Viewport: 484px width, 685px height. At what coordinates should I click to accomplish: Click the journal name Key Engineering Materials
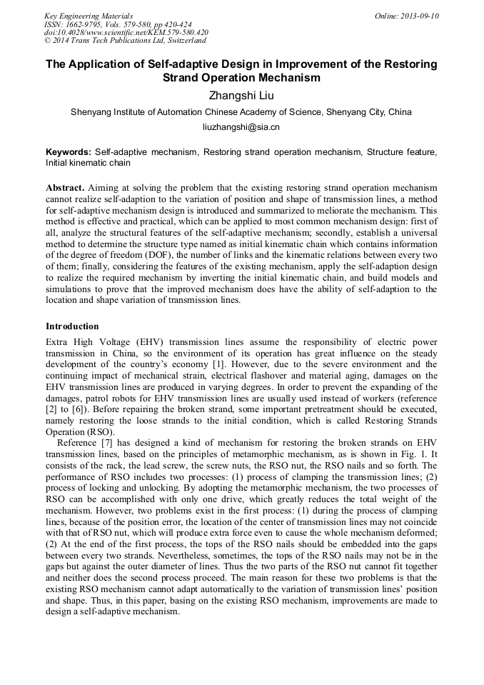click(x=89, y=16)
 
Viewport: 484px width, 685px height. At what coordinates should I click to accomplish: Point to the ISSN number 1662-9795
click(x=84, y=24)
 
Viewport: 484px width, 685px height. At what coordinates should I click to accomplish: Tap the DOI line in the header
click(x=126, y=32)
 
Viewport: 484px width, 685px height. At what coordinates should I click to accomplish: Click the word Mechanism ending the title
click(x=281, y=78)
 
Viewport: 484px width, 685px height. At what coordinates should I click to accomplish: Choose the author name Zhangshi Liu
click(x=241, y=95)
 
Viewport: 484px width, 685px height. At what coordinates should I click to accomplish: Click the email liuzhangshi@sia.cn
click(x=241, y=127)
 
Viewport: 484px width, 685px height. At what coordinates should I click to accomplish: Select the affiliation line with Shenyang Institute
click(x=241, y=112)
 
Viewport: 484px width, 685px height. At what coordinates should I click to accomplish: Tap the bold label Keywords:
click(x=69, y=152)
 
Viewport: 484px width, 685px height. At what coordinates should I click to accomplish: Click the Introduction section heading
click(x=72, y=326)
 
